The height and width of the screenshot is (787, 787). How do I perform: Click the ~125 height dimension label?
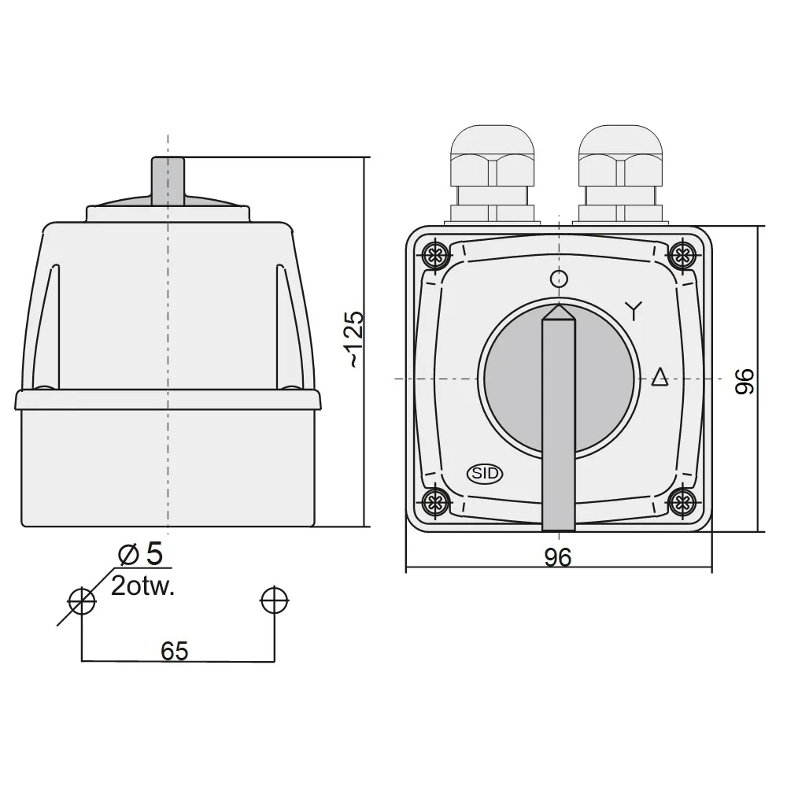355,339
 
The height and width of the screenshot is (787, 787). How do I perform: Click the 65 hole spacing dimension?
174,651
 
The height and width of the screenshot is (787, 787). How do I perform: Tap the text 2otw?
142,586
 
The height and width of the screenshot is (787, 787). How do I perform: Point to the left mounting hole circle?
82,601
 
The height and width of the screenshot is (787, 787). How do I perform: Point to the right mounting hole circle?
274,601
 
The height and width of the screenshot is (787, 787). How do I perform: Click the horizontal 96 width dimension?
557,557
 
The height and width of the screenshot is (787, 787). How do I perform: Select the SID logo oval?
485,473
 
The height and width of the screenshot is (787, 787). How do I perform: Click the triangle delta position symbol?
660,378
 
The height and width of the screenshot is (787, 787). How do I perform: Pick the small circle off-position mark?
559,278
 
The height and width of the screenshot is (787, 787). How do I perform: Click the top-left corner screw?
434,255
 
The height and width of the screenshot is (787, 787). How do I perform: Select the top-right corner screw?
682,255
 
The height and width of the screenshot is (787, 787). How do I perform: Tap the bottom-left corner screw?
434,501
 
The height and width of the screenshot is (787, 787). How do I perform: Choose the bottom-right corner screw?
682,501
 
